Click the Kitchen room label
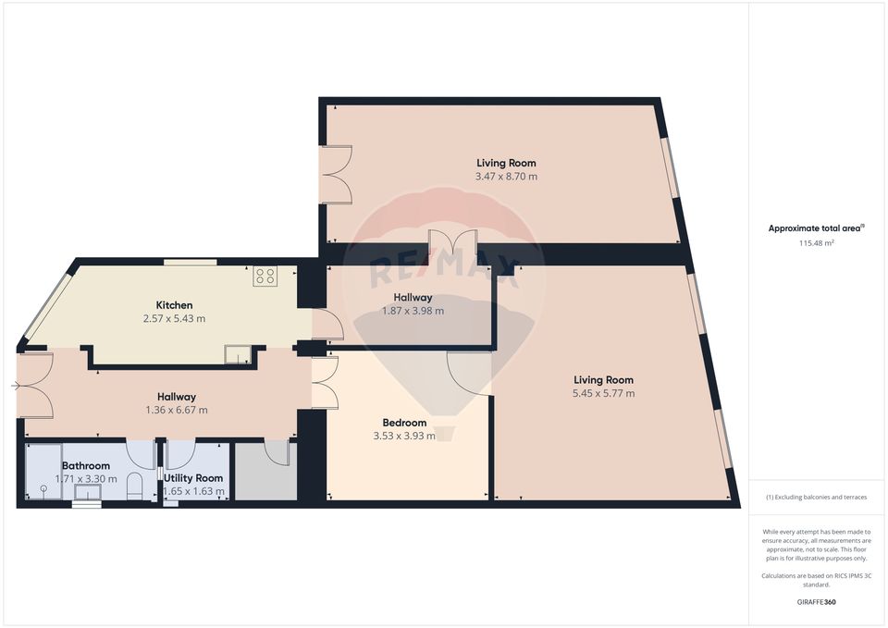click(x=174, y=305)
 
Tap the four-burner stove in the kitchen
click(x=265, y=275)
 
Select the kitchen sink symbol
click(x=239, y=355)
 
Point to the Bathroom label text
click(x=86, y=466)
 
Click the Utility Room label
click(x=193, y=478)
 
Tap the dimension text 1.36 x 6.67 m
click(x=176, y=411)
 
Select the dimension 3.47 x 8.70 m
click(x=506, y=177)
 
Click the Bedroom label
click(x=404, y=423)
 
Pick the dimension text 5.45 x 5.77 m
click(x=603, y=393)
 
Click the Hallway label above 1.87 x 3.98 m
click(x=413, y=298)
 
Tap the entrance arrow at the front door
click(x=16, y=386)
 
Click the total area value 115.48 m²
click(x=817, y=243)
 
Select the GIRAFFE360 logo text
click(x=817, y=601)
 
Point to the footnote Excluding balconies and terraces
click(x=817, y=498)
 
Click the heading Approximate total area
click(x=816, y=228)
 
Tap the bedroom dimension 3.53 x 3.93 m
click(x=404, y=436)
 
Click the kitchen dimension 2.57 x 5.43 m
click(x=174, y=319)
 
